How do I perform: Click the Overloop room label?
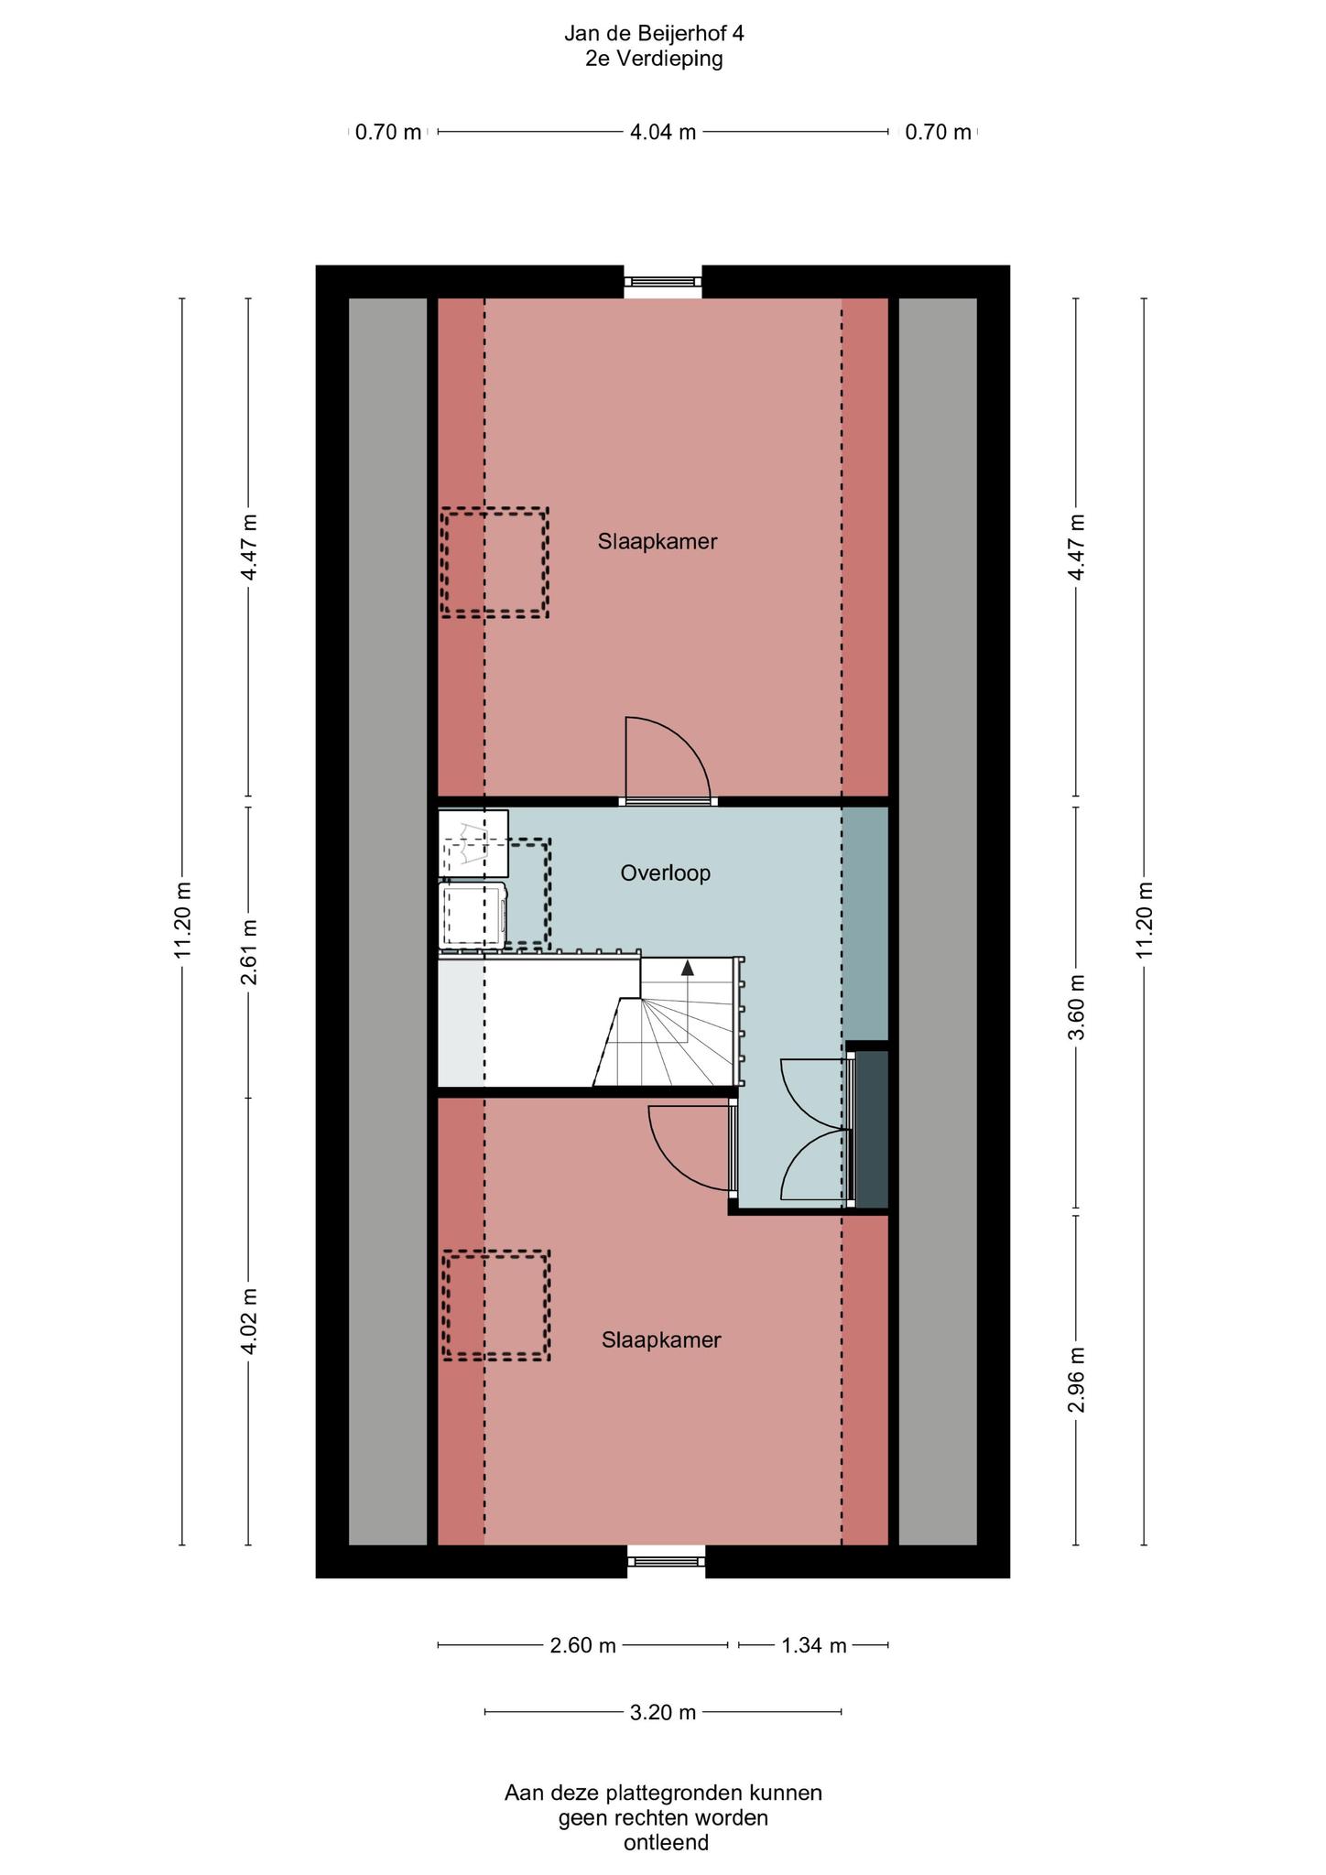665,873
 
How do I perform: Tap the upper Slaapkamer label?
658,541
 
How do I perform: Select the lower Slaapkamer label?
661,1340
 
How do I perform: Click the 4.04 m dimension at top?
663,132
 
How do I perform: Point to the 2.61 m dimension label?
248,952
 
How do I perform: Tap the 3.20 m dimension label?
663,1712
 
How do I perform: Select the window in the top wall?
663,282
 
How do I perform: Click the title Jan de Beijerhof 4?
654,35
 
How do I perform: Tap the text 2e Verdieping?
654,60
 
